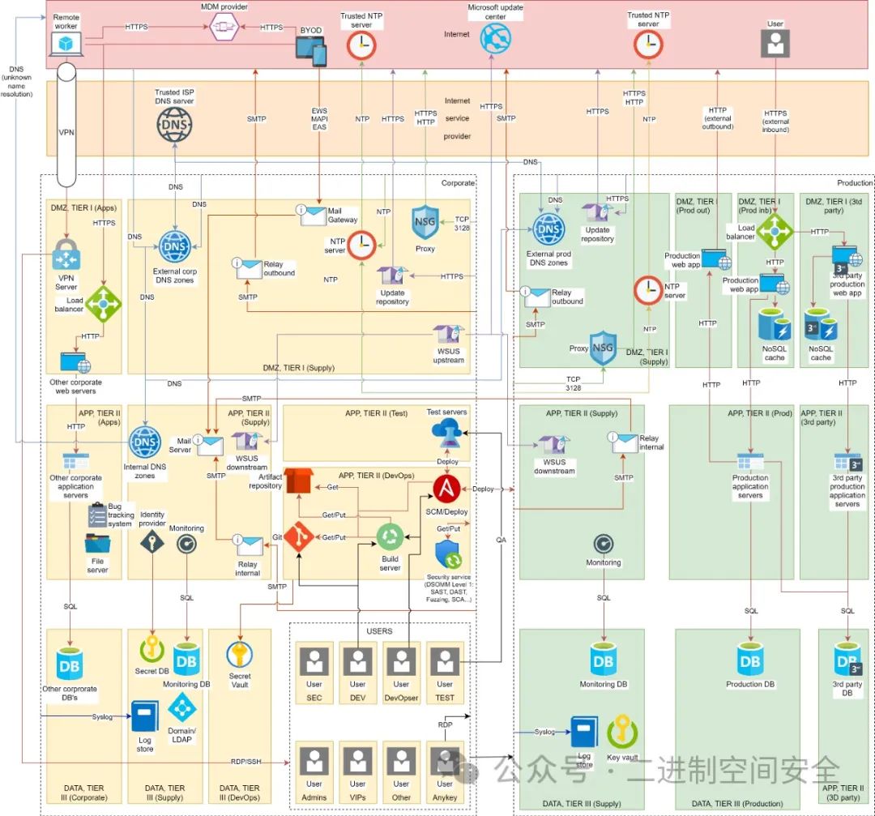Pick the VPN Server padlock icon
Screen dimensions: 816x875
pos(66,254)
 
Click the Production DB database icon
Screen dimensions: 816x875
pos(750,660)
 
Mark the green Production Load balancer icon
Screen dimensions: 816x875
pos(775,232)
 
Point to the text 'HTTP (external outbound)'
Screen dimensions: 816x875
pos(718,118)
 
